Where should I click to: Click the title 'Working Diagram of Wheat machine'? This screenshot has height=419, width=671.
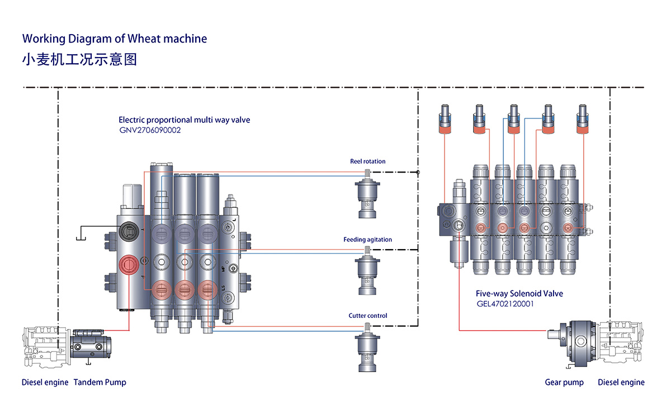point(114,39)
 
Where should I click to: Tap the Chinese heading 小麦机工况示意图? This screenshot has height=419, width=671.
point(79,59)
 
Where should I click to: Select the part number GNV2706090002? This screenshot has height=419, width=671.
point(150,130)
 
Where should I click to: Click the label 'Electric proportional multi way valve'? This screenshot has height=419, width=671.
point(184,120)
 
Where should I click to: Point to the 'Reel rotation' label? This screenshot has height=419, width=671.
point(367,161)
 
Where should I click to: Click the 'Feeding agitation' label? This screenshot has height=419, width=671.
point(367,240)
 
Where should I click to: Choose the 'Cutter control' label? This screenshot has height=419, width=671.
point(367,316)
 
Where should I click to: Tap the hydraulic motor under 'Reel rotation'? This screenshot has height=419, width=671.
point(367,196)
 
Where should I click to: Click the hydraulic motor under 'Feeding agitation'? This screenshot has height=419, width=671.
point(367,274)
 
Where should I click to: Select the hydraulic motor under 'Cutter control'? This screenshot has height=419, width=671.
point(367,350)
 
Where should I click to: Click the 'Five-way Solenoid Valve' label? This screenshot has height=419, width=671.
point(519,293)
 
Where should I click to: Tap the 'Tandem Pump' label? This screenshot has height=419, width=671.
point(100,383)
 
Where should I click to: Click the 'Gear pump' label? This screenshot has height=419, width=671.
point(564,383)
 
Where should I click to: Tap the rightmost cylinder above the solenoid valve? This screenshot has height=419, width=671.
point(583,119)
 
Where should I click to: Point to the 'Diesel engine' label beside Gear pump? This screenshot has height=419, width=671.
point(621,383)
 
